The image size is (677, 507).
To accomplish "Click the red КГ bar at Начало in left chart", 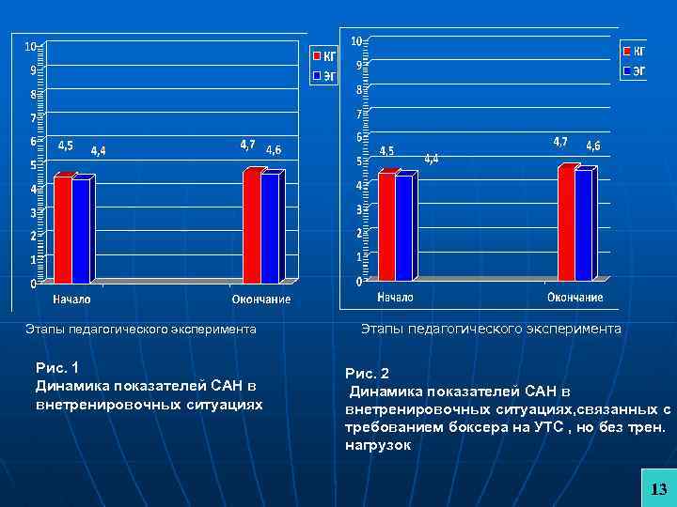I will click(x=62, y=230).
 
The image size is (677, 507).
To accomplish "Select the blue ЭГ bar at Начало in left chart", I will click(x=81, y=231).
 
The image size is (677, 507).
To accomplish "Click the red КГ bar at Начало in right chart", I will click(x=386, y=227).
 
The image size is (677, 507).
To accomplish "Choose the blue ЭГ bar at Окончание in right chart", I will click(x=584, y=224).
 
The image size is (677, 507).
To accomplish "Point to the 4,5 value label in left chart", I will click(x=67, y=146).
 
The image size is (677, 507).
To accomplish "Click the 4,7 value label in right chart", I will click(x=559, y=142).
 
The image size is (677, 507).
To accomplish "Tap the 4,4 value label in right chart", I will click(x=431, y=160).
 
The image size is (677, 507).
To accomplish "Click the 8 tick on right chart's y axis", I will click(x=357, y=90).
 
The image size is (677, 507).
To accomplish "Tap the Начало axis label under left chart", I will click(x=71, y=300).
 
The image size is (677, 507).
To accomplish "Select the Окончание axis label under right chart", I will click(x=575, y=298).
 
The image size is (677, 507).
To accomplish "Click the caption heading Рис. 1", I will click(x=56, y=367).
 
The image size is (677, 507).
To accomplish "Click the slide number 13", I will click(x=658, y=488).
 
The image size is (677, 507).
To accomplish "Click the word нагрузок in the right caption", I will click(x=378, y=445).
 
